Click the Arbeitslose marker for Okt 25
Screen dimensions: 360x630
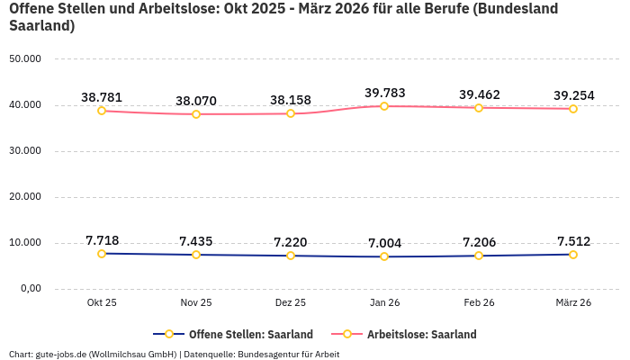point(102,111)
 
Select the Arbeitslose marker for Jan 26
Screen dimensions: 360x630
point(384,106)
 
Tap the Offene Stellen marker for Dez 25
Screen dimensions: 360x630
point(291,256)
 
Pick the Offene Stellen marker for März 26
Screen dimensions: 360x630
point(573,255)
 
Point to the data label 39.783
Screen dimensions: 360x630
point(384,93)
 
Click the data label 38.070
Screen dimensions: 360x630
point(196,101)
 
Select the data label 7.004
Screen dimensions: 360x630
point(384,243)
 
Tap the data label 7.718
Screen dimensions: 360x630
point(102,240)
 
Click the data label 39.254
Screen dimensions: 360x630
point(573,95)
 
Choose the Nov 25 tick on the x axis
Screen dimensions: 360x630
point(196,303)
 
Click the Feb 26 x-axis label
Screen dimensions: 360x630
point(479,303)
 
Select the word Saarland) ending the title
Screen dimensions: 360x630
point(41,26)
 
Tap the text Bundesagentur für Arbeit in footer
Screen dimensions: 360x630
point(288,354)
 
